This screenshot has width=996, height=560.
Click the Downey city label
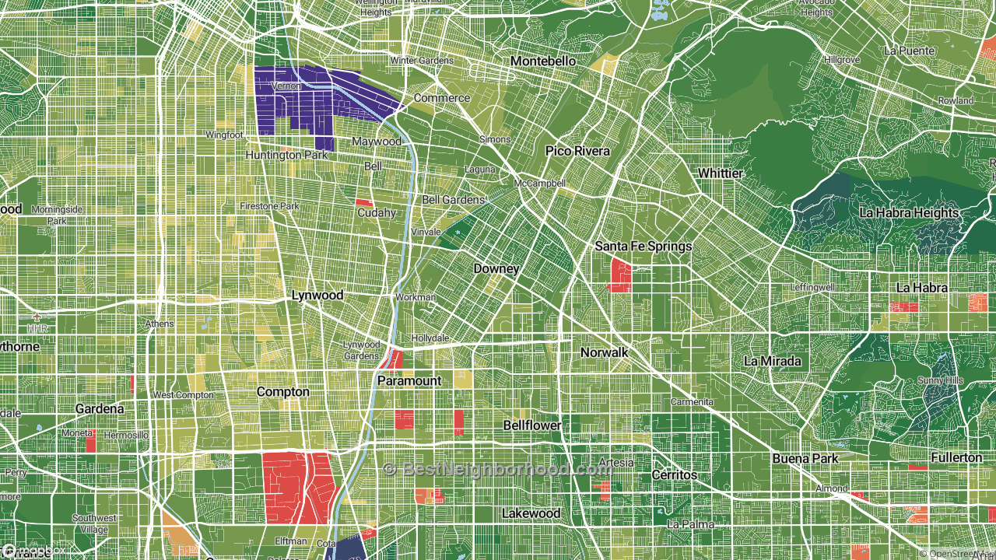point(496,269)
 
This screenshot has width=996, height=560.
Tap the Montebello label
point(543,61)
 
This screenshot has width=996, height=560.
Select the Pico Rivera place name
point(577,151)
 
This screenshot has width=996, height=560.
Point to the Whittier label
point(720,173)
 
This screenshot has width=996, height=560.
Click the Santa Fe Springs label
point(643,247)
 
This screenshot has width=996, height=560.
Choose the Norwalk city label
point(604,352)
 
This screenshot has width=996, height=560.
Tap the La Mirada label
point(772,362)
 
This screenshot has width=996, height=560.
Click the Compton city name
point(282,392)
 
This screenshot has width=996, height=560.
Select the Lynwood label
point(317,296)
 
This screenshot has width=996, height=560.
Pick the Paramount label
point(409,381)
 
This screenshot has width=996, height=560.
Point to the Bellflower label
point(532,426)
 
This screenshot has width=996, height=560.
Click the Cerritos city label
point(674,474)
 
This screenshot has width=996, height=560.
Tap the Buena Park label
point(805,459)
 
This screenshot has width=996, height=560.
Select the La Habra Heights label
point(909,213)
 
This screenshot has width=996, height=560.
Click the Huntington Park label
point(286,156)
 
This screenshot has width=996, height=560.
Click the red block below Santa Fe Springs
point(620,275)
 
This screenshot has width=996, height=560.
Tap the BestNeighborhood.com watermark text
point(498,470)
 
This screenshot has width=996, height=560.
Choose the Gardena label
point(100,409)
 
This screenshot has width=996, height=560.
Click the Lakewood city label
point(531,513)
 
